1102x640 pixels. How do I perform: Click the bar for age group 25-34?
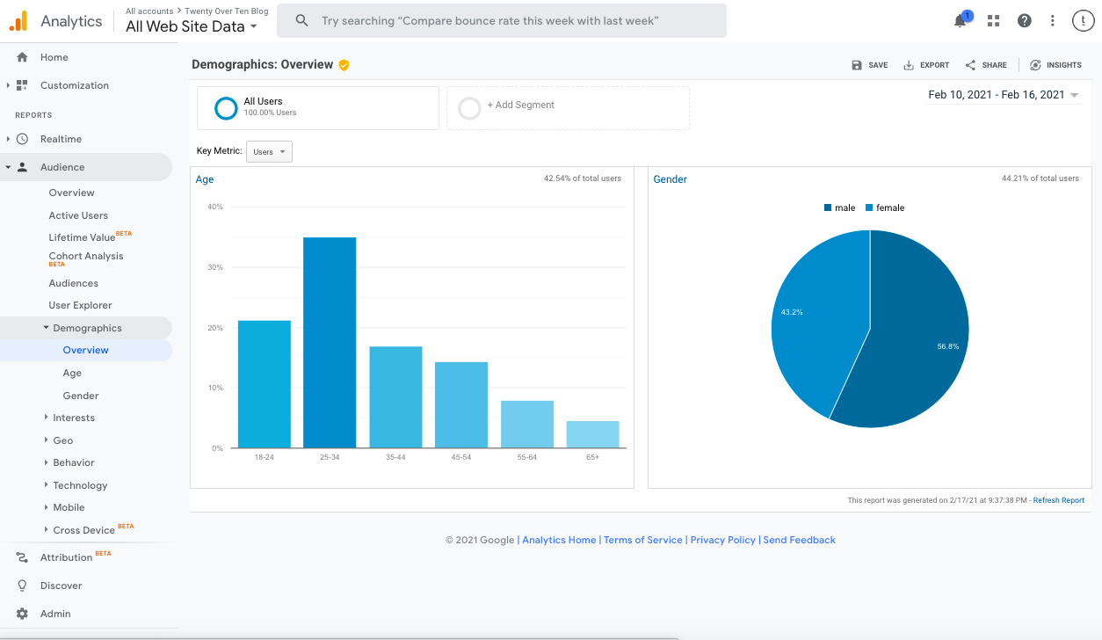pos(330,343)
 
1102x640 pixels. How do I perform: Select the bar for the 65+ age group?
pos(592,434)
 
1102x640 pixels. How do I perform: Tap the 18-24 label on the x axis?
pos(264,457)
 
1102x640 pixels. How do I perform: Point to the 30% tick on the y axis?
pos(214,267)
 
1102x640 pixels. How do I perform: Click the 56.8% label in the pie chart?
pos(947,346)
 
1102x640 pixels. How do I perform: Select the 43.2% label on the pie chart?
pos(792,312)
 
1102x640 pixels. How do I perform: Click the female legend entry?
pos(885,208)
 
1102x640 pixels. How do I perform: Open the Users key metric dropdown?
pos(269,152)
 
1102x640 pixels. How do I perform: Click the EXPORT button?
pos(926,65)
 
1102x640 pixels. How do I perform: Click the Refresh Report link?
pos(1058,500)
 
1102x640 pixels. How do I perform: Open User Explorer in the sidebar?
pos(81,305)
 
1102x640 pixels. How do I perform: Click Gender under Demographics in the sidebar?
pos(81,396)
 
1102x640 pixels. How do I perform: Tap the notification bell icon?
pos(961,21)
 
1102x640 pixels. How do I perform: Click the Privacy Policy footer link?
pos(722,540)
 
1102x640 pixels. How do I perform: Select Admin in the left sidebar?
pos(55,614)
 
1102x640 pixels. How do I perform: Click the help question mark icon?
pos(1024,21)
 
